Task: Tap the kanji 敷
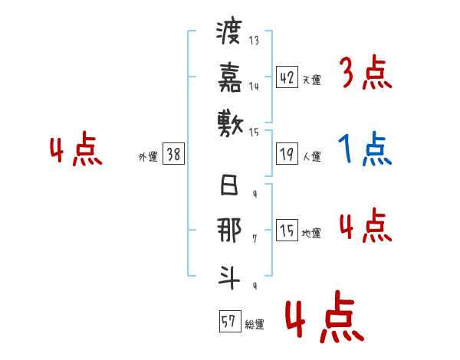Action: click(229, 120)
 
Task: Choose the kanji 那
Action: click(229, 231)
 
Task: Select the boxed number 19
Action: click(287, 155)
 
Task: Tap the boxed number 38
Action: click(173, 155)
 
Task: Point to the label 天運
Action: click(311, 80)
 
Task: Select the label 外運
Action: click(147, 157)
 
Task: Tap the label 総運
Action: click(254, 325)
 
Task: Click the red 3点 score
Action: click(365, 74)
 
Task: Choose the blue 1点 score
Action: click(365, 149)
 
